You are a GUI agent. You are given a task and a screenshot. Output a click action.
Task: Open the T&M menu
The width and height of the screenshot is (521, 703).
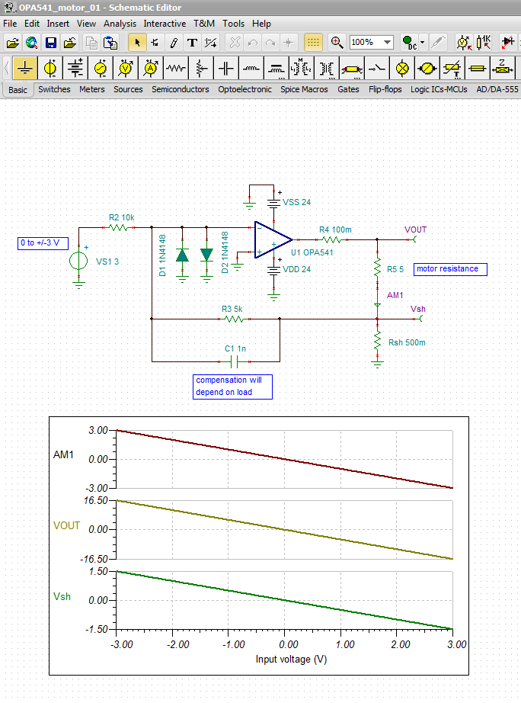pos(203,24)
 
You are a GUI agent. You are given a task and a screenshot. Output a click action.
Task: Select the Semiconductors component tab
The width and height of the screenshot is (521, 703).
pos(180,89)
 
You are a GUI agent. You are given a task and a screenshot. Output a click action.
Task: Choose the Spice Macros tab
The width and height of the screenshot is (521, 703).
pos(304,89)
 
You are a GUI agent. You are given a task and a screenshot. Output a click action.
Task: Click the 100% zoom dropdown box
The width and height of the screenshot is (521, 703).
pos(371,42)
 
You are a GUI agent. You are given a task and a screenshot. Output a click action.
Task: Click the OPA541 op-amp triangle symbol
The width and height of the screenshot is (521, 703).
pos(271,238)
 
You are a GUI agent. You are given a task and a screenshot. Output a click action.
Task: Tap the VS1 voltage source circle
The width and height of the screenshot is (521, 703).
pos(78,261)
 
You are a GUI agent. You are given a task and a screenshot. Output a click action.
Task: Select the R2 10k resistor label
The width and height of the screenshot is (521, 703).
pos(122,217)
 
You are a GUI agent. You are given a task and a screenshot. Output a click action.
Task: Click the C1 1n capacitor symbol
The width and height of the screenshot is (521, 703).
pos(235,360)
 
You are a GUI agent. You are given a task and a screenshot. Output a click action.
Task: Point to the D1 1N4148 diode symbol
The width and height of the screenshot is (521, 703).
pos(182,255)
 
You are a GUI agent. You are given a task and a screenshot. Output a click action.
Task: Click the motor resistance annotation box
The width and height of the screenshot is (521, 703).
pos(450,269)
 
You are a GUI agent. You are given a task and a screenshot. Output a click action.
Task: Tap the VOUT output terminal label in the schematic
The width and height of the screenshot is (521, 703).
pos(416,230)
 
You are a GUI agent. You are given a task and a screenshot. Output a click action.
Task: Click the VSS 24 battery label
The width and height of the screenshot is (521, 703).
pos(296,202)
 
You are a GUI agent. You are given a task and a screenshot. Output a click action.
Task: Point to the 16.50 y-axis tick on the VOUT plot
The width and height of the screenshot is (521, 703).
pos(98,500)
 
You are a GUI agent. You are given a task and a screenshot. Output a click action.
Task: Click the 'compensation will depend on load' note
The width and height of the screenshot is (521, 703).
pos(233,386)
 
